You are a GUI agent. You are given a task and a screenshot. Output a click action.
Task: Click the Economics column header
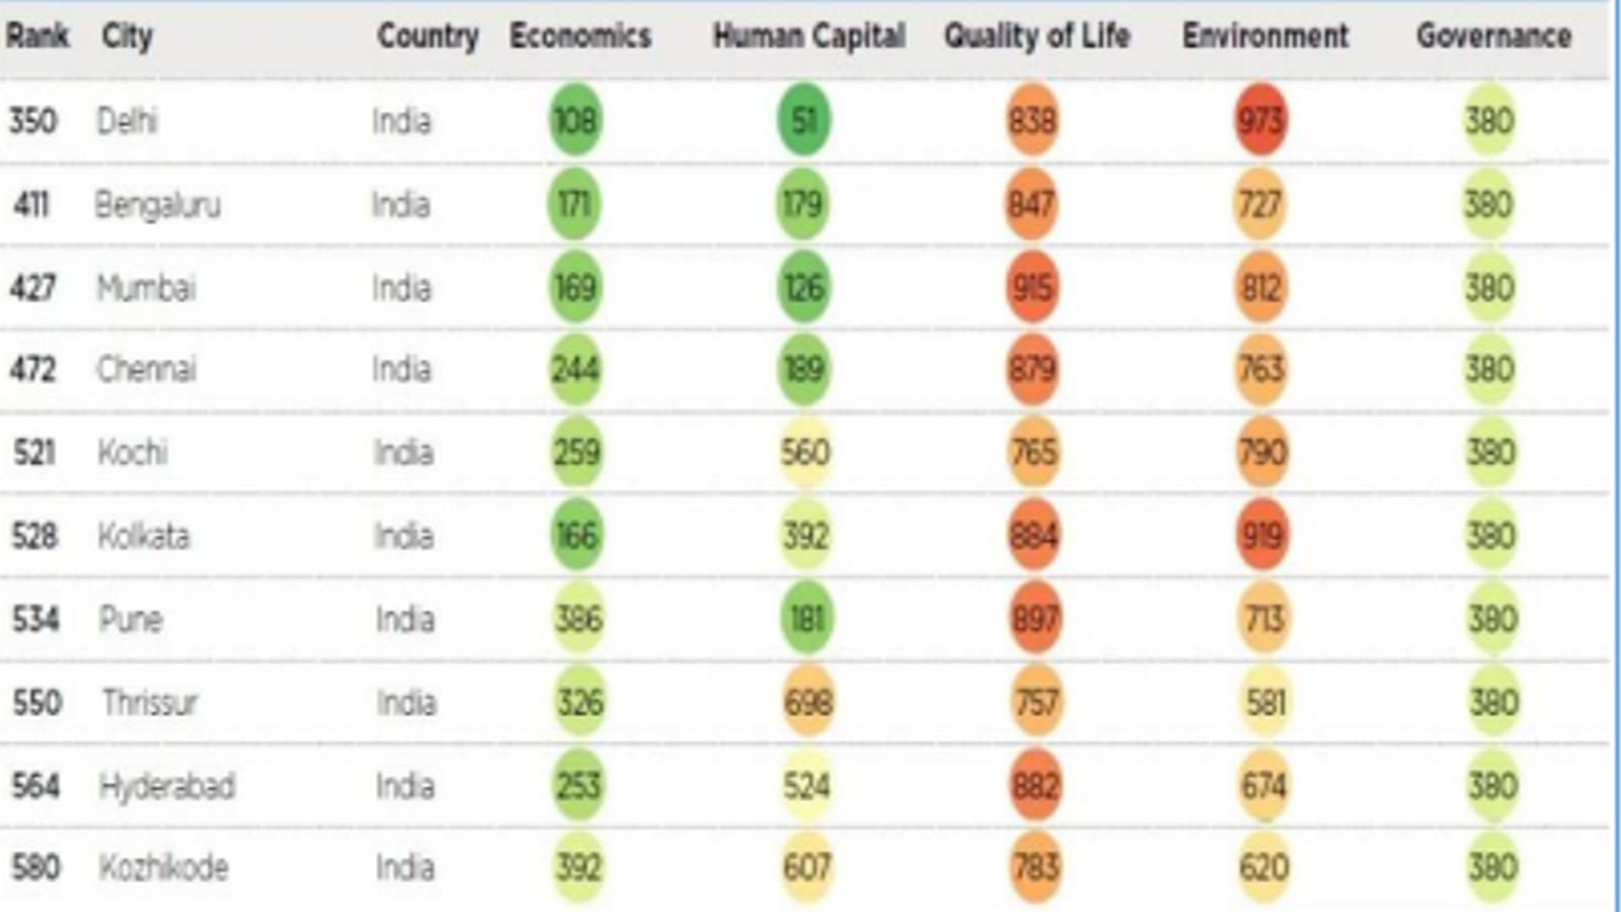pyautogui.click(x=580, y=36)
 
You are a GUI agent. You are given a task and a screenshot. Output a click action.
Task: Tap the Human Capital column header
pyautogui.click(x=809, y=36)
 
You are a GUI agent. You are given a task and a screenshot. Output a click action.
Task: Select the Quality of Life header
pyautogui.click(x=1037, y=36)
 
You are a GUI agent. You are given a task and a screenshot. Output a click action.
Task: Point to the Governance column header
pyautogui.click(x=1494, y=36)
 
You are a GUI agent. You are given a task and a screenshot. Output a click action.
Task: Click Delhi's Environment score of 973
pyautogui.click(x=1260, y=120)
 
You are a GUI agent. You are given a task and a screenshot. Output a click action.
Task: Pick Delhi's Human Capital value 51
pyautogui.click(x=804, y=120)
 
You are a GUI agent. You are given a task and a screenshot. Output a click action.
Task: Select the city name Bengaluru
pyautogui.click(x=158, y=205)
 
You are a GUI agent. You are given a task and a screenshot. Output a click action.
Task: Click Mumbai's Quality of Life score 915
pyautogui.click(x=1033, y=288)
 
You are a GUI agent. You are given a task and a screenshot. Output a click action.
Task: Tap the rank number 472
pyautogui.click(x=33, y=369)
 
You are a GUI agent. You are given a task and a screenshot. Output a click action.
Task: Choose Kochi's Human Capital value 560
pyautogui.click(x=805, y=453)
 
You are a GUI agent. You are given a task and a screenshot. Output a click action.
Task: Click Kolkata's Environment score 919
pyautogui.click(x=1262, y=535)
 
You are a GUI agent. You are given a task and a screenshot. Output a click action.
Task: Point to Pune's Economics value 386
pyautogui.click(x=579, y=619)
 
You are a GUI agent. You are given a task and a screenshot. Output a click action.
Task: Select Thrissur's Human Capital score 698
pyautogui.click(x=808, y=702)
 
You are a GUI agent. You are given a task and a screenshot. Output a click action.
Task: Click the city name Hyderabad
pyautogui.click(x=167, y=786)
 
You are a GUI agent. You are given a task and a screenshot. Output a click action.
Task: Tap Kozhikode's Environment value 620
pyautogui.click(x=1264, y=867)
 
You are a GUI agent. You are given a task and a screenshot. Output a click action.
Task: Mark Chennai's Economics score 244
pyautogui.click(x=576, y=369)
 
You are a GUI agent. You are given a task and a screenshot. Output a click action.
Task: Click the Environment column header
pyautogui.click(x=1265, y=36)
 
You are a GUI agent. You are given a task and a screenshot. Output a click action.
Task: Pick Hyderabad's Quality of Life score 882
pyautogui.click(x=1035, y=786)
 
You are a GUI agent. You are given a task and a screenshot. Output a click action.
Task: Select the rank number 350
pyautogui.click(x=33, y=120)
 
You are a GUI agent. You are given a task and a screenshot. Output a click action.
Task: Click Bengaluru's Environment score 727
pyautogui.click(x=1260, y=205)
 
